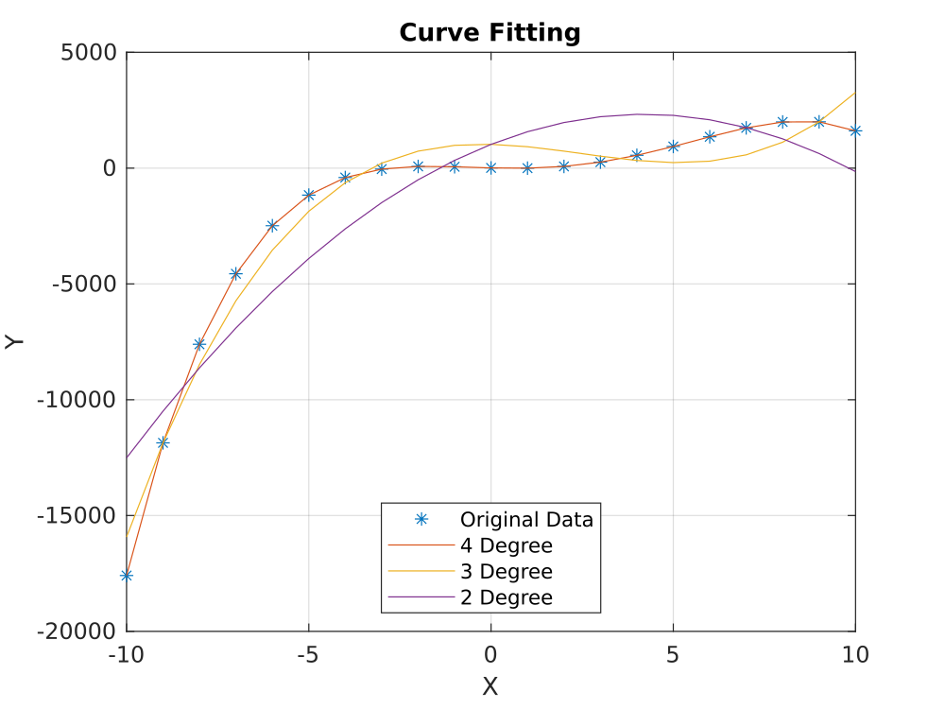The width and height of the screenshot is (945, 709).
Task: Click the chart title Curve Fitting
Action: [x=490, y=33]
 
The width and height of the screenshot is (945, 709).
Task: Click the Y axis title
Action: [x=14, y=341]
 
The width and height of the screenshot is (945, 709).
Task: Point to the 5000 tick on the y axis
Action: [x=90, y=53]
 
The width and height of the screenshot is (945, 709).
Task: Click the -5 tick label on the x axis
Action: [x=308, y=654]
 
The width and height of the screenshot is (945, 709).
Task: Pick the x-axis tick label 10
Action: [x=854, y=654]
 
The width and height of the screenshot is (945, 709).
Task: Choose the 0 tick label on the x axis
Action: [x=490, y=654]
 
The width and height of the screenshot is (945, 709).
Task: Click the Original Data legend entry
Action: [x=526, y=519]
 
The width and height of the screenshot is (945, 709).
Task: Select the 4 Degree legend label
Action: [x=506, y=545]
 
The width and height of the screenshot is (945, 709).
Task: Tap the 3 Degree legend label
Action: [x=506, y=572]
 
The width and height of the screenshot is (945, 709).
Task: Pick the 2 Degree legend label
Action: [x=506, y=597]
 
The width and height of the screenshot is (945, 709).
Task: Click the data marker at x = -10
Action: [x=127, y=575]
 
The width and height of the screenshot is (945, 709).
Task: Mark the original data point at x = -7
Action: [x=236, y=274]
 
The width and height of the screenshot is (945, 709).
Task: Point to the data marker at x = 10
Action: [x=855, y=130]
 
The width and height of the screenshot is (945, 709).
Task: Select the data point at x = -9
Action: [x=163, y=442]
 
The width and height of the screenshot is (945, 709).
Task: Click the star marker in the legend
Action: [x=421, y=519]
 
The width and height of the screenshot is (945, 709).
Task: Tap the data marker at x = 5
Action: [x=673, y=147]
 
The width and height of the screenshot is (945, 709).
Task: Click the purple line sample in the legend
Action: [x=421, y=597]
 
